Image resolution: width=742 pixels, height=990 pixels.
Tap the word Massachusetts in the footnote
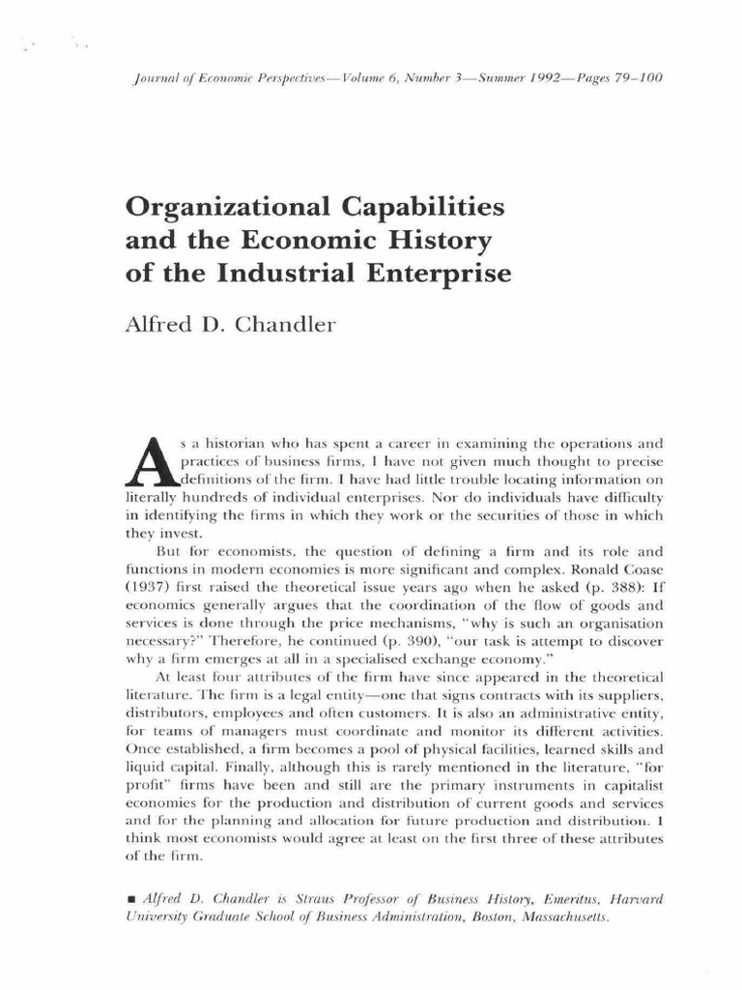click(558, 917)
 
